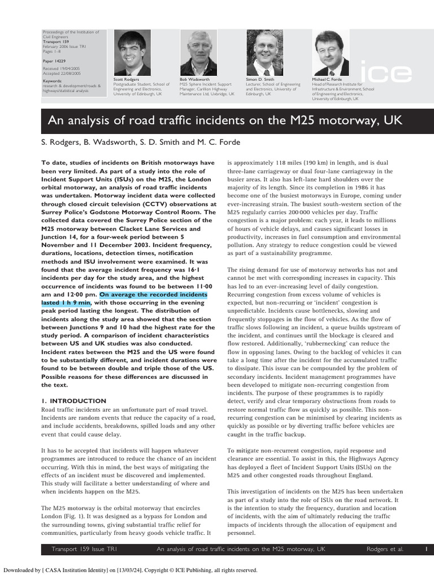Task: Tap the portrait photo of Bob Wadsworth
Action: [198, 53]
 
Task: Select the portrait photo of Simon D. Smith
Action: [264, 53]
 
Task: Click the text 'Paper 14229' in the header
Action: [54, 59]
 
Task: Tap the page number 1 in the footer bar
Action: [426, 548]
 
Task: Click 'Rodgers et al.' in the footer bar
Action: [385, 548]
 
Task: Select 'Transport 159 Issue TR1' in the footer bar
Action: [84, 548]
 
